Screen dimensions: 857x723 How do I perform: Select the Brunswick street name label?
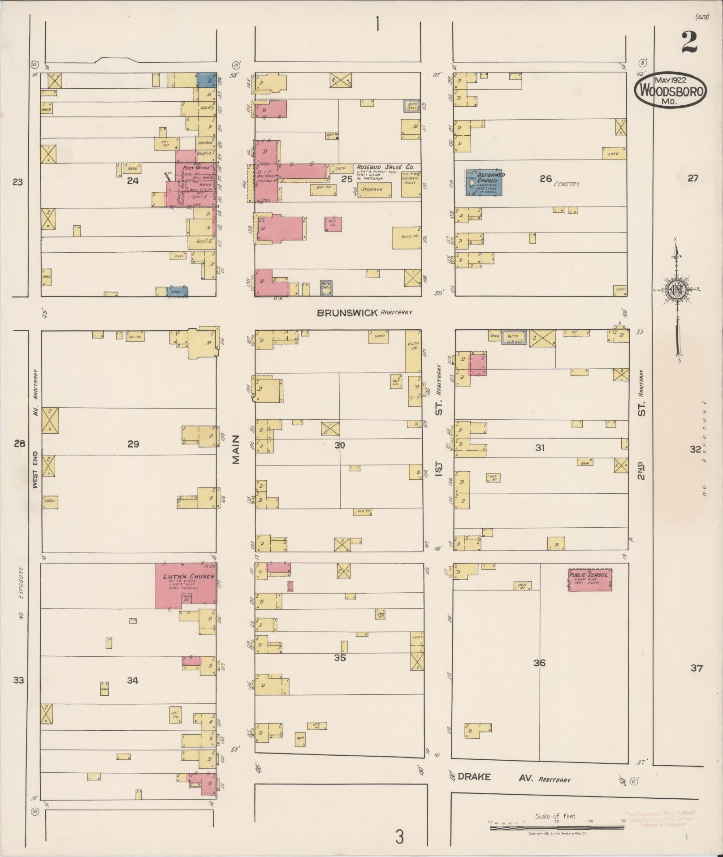pyautogui.click(x=347, y=313)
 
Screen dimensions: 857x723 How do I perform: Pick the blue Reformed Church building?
pyautogui.click(x=484, y=182)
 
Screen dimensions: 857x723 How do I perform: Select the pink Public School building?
pyautogui.click(x=590, y=580)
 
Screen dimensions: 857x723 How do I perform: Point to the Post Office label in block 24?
pyautogui.click(x=196, y=168)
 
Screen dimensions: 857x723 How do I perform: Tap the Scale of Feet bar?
pyautogui.click(x=556, y=828)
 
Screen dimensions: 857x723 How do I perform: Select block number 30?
pyautogui.click(x=340, y=445)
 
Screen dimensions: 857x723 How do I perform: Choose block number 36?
pyautogui.click(x=539, y=663)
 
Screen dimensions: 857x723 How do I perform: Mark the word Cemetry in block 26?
pyautogui.click(x=567, y=184)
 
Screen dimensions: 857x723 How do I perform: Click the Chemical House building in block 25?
pyautogui.click(x=410, y=183)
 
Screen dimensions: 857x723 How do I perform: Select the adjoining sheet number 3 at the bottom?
pyautogui.click(x=399, y=836)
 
